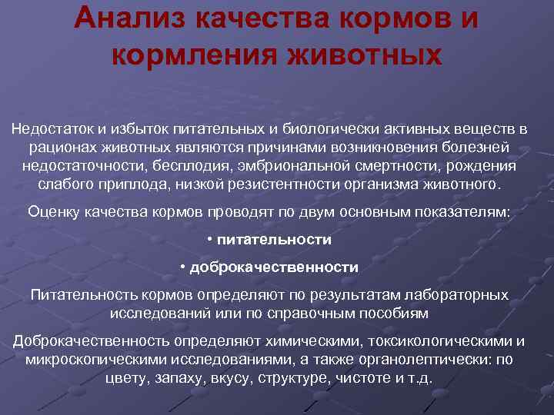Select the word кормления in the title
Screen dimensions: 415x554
(192, 55)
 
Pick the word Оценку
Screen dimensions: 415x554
(52, 212)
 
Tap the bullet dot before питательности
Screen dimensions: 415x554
(211, 240)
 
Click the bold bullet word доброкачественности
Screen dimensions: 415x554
(274, 267)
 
